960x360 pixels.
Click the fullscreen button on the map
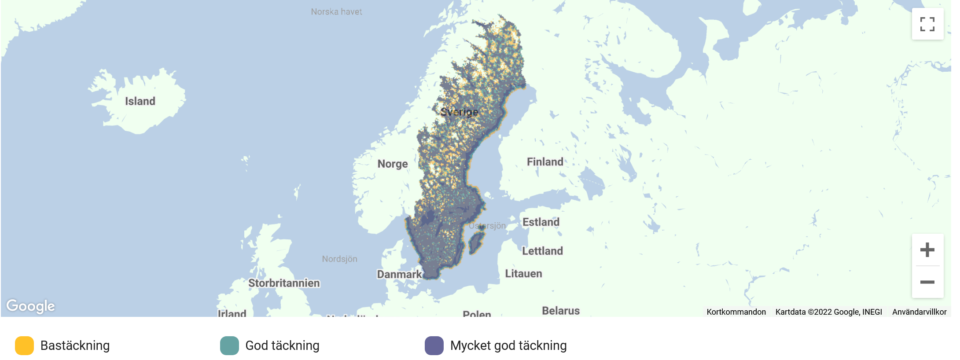tap(927, 24)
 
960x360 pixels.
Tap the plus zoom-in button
tap(927, 250)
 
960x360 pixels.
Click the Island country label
tap(140, 101)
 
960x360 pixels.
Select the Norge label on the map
tap(392, 164)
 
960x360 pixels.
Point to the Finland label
tap(545, 162)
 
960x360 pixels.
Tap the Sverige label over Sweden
tap(459, 112)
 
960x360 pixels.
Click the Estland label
tap(541, 222)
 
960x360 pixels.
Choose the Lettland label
tap(542, 251)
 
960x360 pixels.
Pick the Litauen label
tap(523, 274)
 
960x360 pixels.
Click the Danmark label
tap(399, 275)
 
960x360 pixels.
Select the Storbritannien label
tap(284, 283)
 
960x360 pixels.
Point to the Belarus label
tap(560, 311)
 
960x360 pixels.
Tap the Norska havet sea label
tap(336, 12)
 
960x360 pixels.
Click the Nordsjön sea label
tap(339, 259)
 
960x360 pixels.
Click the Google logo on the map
tap(30, 306)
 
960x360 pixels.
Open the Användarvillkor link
tap(919, 312)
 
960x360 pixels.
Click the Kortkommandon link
tap(736, 312)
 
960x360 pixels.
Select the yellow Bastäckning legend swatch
tap(24, 345)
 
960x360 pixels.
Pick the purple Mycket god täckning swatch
tap(434, 345)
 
